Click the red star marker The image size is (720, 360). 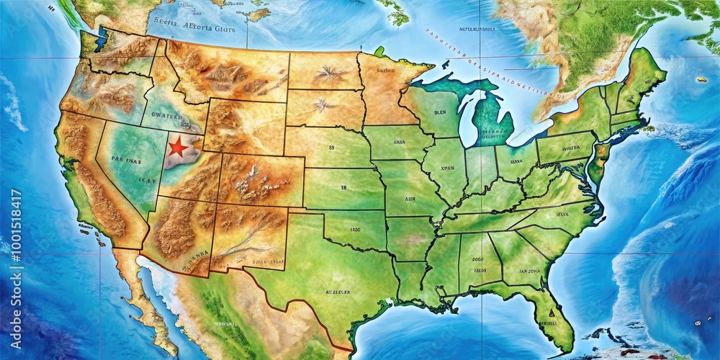pos(178,148)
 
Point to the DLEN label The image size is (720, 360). pos(441,113)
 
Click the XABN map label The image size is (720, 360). pos(400,143)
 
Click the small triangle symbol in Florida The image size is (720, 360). pos(549,313)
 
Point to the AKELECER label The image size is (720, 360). pos(317,293)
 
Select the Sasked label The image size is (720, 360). pos(386,71)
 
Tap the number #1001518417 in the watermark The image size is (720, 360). pos(15,231)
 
